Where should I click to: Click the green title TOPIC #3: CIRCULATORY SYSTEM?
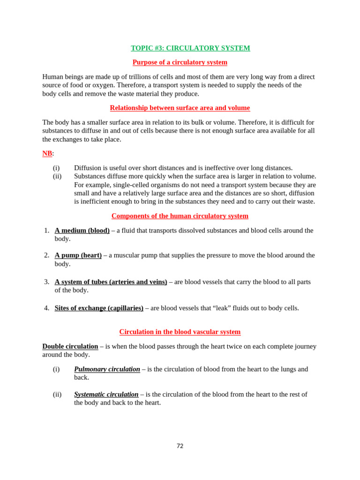point(190,48)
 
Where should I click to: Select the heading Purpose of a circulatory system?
point(180,62)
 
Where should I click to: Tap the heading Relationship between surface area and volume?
point(180,108)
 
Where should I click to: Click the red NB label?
point(47,153)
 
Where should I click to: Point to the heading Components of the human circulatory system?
point(180,216)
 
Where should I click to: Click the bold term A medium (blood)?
point(82,231)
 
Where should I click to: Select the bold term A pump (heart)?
point(78,255)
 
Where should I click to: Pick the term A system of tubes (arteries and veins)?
point(111,282)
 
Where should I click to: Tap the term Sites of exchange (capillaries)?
point(99,308)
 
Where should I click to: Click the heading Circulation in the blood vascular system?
point(180,332)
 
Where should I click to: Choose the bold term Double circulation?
point(70,346)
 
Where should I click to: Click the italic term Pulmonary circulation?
point(107,369)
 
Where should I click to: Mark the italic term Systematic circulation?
point(106,395)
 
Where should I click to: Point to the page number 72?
point(180,446)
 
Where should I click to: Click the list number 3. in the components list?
point(46,282)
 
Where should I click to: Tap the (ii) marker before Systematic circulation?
point(57,395)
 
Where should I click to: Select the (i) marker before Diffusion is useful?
point(56,168)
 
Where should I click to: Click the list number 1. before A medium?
point(46,231)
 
